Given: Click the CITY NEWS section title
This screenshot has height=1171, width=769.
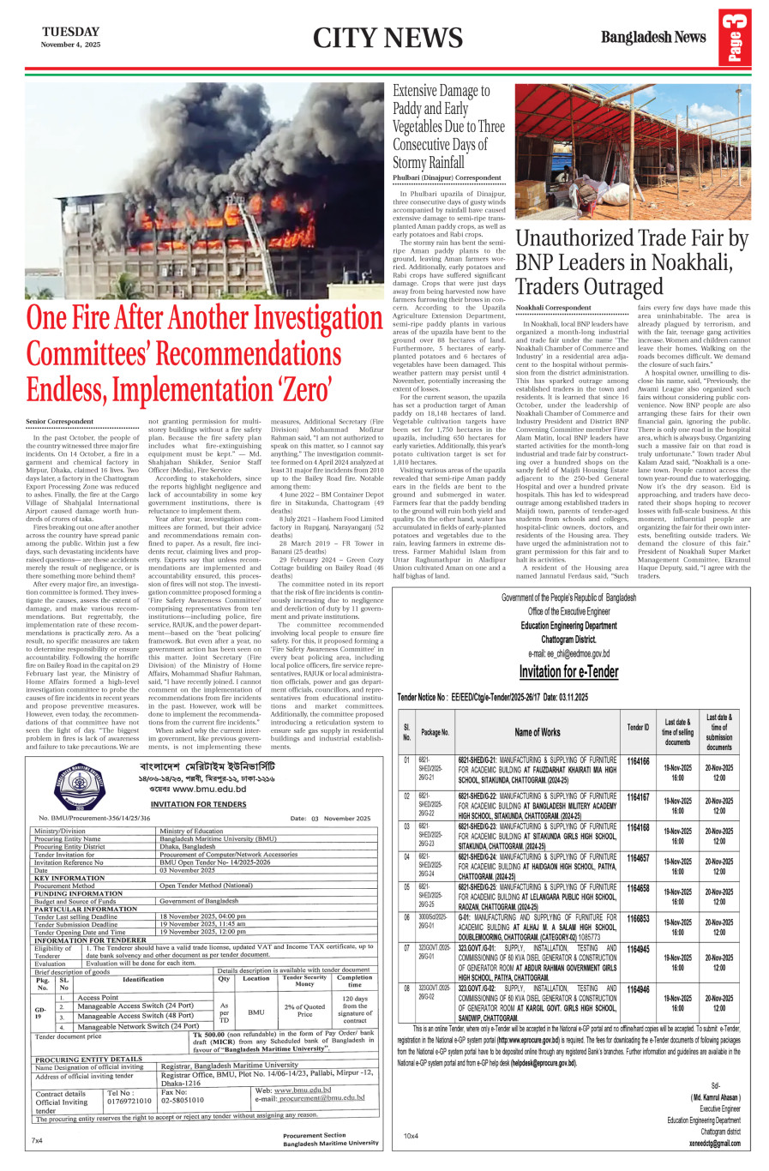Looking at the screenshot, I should [x=388, y=38].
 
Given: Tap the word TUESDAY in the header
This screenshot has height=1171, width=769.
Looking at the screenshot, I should [x=71, y=32].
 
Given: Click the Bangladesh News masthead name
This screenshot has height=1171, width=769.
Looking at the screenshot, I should [x=653, y=37].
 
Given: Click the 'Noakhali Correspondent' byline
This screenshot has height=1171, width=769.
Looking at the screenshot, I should [x=553, y=307].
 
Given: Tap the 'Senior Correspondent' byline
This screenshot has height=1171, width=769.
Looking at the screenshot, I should [x=59, y=422].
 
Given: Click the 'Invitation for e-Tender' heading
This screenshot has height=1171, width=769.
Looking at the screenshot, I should [x=568, y=671].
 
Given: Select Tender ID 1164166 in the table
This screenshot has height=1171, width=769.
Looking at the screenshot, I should [x=638, y=761].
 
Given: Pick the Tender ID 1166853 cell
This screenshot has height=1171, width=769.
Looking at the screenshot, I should [x=638, y=918].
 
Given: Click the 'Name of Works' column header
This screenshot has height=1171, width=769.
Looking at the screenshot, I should [x=538, y=731].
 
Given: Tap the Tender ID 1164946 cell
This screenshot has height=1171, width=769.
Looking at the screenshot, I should [x=638, y=989].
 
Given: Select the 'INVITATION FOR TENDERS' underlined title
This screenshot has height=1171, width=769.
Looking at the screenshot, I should [x=198, y=804].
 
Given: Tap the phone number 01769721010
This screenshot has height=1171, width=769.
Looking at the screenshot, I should [x=129, y=1101].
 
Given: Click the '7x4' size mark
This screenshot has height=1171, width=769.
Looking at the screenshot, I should [x=37, y=1140].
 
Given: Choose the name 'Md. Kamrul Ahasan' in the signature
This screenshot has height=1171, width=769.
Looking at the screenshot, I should [x=715, y=1097].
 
